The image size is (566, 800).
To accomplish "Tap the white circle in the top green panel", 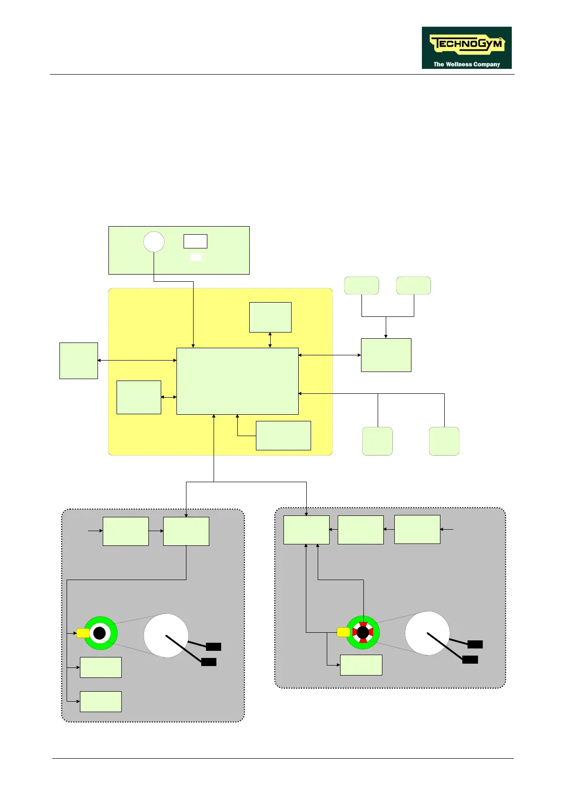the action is pyautogui.click(x=154, y=242).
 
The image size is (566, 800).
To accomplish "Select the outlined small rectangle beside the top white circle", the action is pyautogui.click(x=195, y=241).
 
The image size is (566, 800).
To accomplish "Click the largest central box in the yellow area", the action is pyautogui.click(x=237, y=381).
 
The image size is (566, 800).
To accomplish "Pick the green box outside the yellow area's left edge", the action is pyautogui.click(x=78, y=361).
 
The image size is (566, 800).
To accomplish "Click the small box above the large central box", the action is pyautogui.click(x=270, y=317).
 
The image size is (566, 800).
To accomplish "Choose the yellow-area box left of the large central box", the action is pyautogui.click(x=138, y=397).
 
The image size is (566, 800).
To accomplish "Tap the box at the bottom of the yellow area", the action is pyautogui.click(x=283, y=435).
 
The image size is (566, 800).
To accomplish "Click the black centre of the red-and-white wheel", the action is pyautogui.click(x=363, y=632).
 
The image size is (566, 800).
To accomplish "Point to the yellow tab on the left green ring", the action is pyautogui.click(x=83, y=633).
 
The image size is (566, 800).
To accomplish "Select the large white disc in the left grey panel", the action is pyautogui.click(x=166, y=636).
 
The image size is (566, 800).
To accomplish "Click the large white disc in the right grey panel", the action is pyautogui.click(x=427, y=633).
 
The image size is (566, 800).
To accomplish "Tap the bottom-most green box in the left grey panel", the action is pyautogui.click(x=101, y=701).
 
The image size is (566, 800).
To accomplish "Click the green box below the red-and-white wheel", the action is pyautogui.click(x=361, y=665).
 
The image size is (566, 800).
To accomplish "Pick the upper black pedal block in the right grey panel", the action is pyautogui.click(x=475, y=644).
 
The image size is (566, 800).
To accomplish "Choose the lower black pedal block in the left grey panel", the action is pyautogui.click(x=208, y=662).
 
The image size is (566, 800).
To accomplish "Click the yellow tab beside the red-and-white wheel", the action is pyautogui.click(x=343, y=632).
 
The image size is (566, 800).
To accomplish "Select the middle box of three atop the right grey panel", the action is pyautogui.click(x=361, y=530).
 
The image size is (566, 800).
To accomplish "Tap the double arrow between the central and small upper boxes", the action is pyautogui.click(x=270, y=340).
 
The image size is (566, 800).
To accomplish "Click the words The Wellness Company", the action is pyautogui.click(x=466, y=64).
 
